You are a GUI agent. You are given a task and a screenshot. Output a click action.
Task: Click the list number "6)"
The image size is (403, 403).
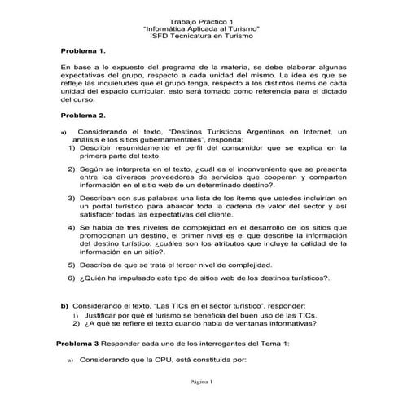pyautogui.click(x=71, y=278)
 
